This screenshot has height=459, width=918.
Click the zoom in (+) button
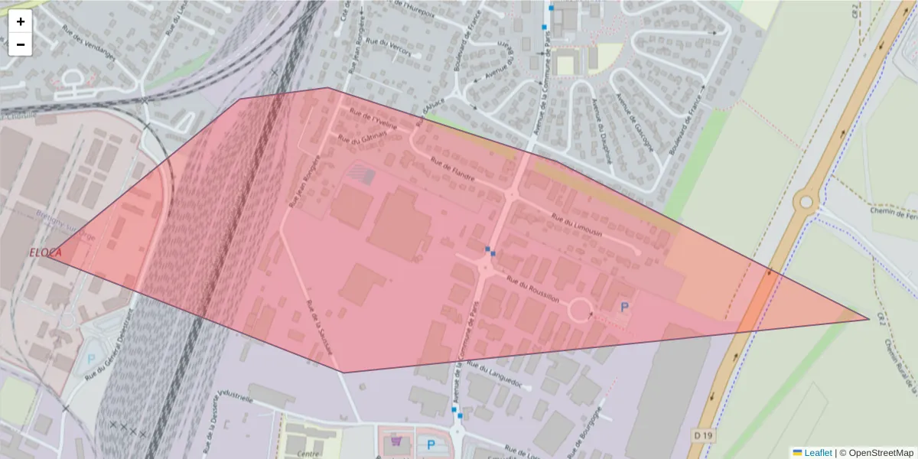coord(21,21)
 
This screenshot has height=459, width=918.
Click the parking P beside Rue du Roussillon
coord(624,307)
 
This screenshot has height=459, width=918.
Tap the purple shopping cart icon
coord(396,441)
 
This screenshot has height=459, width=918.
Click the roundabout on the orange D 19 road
coord(806,202)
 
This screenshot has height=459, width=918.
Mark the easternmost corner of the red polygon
coord(869,318)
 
